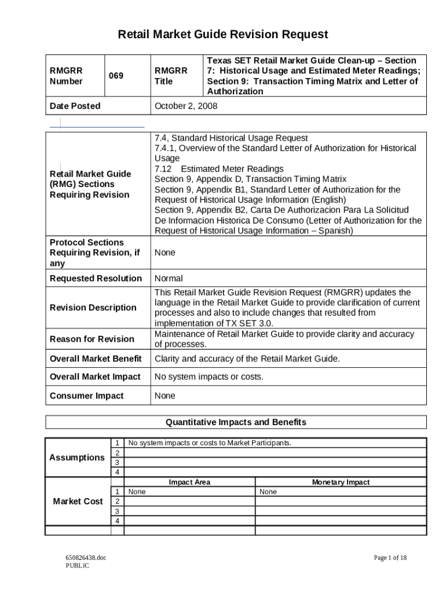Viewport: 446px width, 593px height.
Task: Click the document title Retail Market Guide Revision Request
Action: pyautogui.click(x=223, y=35)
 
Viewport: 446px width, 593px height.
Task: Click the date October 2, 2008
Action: pyautogui.click(x=186, y=106)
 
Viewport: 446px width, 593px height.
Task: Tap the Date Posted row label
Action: pyautogui.click(x=75, y=106)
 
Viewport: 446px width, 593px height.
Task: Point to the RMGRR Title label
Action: pyautogui.click(x=171, y=76)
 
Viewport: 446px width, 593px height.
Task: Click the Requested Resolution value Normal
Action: pyautogui.click(x=169, y=279)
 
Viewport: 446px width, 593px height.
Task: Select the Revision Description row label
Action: pyautogui.click(x=93, y=308)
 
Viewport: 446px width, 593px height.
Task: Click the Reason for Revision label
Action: pyautogui.click(x=92, y=339)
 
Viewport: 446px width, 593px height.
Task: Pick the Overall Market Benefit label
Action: pyautogui.click(x=96, y=359)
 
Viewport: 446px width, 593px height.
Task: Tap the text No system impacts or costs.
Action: pyautogui.click(x=209, y=377)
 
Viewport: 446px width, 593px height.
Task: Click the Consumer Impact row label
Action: pyautogui.click(x=86, y=396)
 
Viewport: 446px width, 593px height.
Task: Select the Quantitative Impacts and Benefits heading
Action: pyautogui.click(x=236, y=422)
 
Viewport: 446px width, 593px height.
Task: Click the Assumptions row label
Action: pyautogui.click(x=77, y=457)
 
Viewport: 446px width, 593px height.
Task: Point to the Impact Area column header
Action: pyautogui.click(x=189, y=482)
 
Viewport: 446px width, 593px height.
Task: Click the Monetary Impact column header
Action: pyautogui.click(x=341, y=482)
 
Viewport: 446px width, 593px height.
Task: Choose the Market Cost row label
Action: pyautogui.click(x=78, y=502)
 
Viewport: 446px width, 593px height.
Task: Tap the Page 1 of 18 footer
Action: pyautogui.click(x=390, y=558)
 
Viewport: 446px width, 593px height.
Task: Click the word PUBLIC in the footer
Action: pyautogui.click(x=78, y=566)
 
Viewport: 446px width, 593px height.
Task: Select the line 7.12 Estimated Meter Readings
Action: pyautogui.click(x=219, y=169)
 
